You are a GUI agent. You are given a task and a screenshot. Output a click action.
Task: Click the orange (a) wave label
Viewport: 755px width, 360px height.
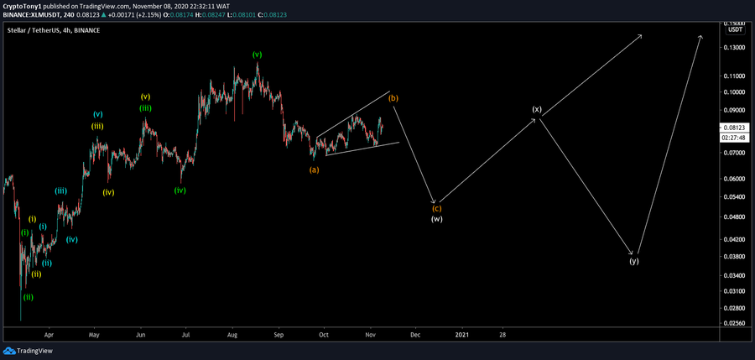coord(314,170)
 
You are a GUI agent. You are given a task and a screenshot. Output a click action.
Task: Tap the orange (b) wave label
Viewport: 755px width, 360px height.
coord(393,98)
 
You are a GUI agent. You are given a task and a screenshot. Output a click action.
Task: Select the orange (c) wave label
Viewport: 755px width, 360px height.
coord(436,208)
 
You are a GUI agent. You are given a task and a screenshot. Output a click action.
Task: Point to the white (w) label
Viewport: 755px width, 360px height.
coord(436,219)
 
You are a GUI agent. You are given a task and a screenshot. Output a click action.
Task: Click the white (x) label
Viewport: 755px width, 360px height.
coord(537,110)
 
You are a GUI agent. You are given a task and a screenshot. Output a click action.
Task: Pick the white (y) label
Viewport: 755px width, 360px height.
coord(634,261)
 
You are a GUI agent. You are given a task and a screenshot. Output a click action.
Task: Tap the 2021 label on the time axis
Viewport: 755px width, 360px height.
coord(461,333)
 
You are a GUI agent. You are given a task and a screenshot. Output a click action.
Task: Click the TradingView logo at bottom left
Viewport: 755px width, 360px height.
coord(23,352)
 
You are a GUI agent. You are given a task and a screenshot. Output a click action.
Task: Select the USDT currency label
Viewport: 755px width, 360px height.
coord(736,29)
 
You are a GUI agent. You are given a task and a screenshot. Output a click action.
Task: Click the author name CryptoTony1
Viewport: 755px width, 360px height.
coord(25,5)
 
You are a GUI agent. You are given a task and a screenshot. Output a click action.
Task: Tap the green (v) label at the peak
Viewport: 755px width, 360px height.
coord(257,55)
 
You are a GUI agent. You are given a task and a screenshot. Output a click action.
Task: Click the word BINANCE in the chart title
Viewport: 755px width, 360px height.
coord(86,30)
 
